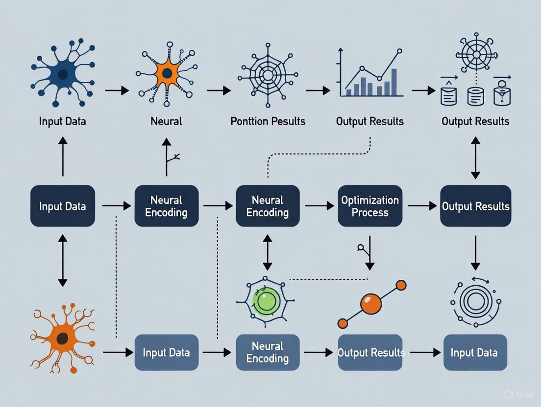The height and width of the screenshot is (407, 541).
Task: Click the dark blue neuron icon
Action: pos(63,74)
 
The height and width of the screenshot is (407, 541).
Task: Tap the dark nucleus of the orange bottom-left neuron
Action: pos(62,338)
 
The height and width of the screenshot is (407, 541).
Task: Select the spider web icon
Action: pos(268,76)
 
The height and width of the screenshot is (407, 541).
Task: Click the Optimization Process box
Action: pos(370,206)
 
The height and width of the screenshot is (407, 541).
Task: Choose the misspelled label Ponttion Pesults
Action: pos(268,121)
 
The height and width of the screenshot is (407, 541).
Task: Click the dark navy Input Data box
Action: pos(63,206)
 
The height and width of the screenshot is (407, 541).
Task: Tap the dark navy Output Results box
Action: pos(475,206)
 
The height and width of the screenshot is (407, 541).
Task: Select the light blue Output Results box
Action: pos(370,352)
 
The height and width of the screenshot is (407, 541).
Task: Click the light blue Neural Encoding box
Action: pos(268,352)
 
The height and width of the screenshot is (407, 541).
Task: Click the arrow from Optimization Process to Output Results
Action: pos(421,206)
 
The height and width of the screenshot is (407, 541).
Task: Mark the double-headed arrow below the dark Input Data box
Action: pos(63,260)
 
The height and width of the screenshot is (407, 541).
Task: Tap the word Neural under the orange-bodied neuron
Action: pos(167,121)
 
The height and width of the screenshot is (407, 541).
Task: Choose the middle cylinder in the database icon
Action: pos(475,96)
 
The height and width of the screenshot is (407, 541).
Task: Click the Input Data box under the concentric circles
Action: pos(474,352)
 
